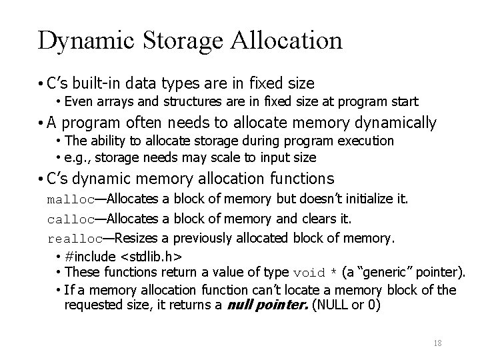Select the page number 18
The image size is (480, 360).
click(x=438, y=343)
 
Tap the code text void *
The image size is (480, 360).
click(x=315, y=272)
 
